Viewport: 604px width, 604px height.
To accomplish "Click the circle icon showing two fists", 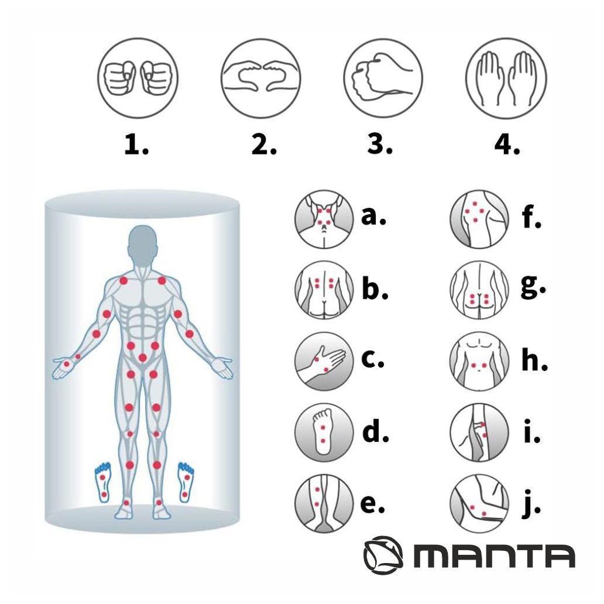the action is coord(138,78).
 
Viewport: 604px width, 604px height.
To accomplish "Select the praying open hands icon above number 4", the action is coord(506,78).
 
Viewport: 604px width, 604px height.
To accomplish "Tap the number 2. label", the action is coord(264,144).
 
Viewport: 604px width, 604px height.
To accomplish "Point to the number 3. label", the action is coord(379,144).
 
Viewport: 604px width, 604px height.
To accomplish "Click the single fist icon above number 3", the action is coord(383,78).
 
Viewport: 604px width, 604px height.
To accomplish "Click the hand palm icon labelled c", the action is coord(324,361).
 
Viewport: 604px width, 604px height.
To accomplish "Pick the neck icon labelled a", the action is coord(324,219).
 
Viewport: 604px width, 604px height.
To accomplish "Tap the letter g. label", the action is coord(533,287).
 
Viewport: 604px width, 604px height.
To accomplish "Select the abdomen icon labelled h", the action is coord(479,361).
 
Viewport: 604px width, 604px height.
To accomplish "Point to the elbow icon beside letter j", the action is coord(479,503).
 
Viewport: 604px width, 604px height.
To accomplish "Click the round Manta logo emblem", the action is coord(383,555).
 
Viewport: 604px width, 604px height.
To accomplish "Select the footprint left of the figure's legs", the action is coord(103,483).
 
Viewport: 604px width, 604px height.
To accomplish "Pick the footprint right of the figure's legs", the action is coord(186,483).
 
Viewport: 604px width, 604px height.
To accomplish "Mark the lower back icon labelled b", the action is coord(324,290).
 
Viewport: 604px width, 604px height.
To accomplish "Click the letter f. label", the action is coord(531,217).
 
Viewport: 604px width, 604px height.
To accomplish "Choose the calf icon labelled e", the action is coord(324,503).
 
